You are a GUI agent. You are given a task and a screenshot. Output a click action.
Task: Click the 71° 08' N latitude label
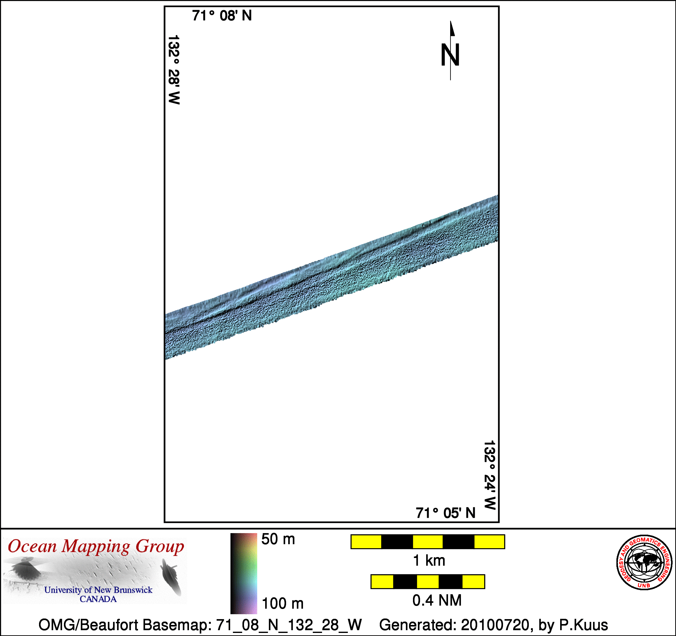222,16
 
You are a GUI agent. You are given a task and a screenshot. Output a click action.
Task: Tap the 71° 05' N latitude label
446,513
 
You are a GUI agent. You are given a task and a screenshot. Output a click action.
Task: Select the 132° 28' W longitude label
174,69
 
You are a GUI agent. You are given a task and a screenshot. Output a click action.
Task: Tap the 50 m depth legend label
278,539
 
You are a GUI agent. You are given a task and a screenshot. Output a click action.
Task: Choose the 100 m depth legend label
282,604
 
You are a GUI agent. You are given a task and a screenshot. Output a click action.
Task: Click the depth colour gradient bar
243,573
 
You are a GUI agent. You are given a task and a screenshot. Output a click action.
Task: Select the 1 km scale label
429,560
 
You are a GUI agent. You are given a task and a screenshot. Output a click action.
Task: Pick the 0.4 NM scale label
437,601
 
